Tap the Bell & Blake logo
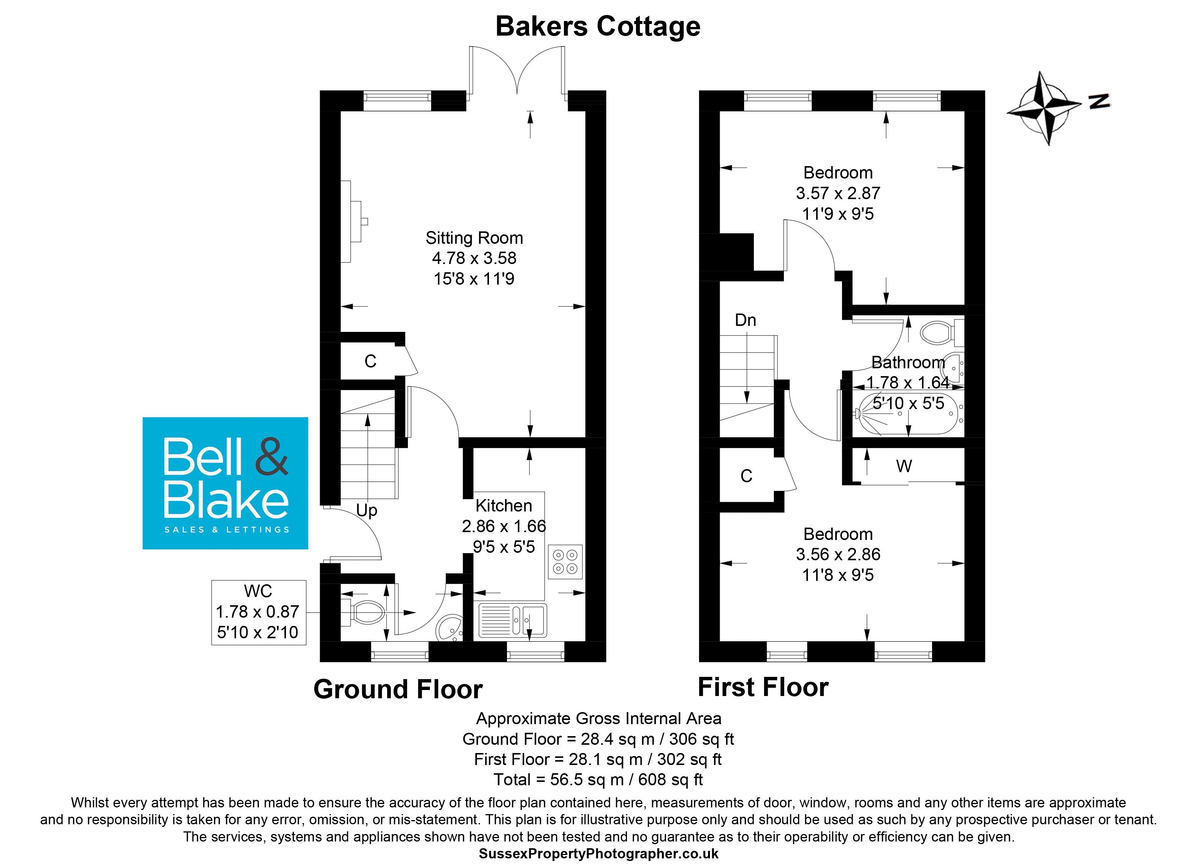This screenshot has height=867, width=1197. pyautogui.click(x=226, y=483)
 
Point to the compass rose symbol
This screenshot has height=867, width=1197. pyautogui.click(x=1044, y=109)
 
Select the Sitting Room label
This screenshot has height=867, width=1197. pyautogui.click(x=474, y=238)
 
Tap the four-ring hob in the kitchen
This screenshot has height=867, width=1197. pyautogui.click(x=565, y=562)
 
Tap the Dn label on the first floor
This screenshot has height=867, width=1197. pyautogui.click(x=745, y=320)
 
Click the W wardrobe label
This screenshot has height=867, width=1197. pyautogui.click(x=904, y=466)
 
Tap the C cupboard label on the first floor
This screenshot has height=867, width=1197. pyautogui.click(x=746, y=476)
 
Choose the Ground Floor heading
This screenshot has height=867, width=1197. pyautogui.click(x=398, y=689)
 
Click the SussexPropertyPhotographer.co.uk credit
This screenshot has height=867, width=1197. pyautogui.click(x=598, y=853)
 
